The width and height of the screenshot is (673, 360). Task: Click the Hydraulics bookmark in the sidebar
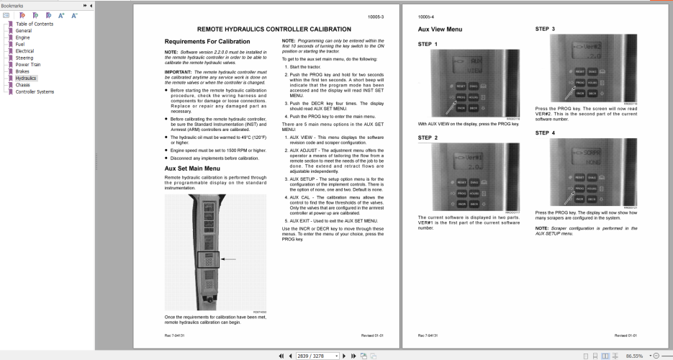point(27,78)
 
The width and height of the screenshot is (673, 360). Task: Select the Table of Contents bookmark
point(34,24)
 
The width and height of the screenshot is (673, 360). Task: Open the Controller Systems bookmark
point(35,91)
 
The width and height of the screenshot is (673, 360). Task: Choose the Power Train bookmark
point(30,64)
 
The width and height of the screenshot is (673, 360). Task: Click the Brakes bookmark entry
point(23,71)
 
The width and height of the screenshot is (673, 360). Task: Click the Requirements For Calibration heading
point(207,41)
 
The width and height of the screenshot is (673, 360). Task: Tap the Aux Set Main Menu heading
point(192,168)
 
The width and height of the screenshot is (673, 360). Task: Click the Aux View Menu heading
point(440,30)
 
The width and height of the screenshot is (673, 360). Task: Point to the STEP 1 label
point(428,45)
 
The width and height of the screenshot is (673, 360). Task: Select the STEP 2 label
point(428,138)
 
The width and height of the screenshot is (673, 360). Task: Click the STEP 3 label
point(545,29)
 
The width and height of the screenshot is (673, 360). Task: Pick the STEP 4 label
point(545,132)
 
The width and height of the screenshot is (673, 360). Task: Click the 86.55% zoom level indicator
point(634,356)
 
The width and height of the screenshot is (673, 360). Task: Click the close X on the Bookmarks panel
point(89,6)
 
